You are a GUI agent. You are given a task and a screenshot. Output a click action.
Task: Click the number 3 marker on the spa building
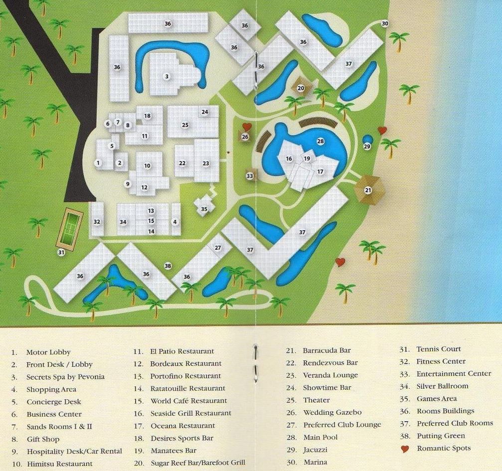click(167, 76)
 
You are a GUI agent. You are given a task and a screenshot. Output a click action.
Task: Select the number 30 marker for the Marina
click(385, 23)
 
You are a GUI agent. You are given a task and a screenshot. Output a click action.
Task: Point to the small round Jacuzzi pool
click(367, 140)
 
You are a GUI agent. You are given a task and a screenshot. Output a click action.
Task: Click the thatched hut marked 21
click(368, 190)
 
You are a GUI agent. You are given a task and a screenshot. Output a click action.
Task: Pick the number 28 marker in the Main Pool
click(321, 142)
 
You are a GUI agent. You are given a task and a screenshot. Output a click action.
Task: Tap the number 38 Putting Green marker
click(168, 266)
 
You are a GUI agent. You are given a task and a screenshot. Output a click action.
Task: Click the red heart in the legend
click(405, 449)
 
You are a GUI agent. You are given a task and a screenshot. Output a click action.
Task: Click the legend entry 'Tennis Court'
click(439, 349)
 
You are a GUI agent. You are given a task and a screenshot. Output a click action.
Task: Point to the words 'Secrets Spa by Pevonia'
click(65, 377)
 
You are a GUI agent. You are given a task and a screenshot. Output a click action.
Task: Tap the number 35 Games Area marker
click(204, 209)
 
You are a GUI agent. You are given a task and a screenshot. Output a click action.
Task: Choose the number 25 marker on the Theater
click(185, 125)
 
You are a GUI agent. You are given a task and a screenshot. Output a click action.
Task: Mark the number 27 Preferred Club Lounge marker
click(218, 248)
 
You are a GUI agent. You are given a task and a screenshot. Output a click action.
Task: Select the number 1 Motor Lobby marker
click(98, 163)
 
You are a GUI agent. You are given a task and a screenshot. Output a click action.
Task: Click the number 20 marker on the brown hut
click(301, 88)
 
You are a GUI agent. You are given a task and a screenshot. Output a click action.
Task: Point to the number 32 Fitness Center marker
click(97, 222)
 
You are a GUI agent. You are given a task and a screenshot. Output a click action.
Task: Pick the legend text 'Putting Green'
click(441, 436)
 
